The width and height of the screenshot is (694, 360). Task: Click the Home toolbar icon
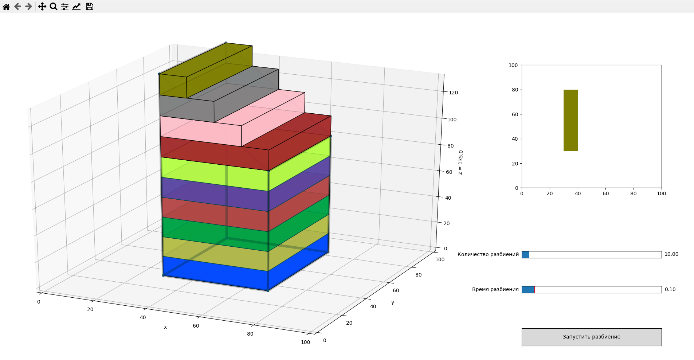(6, 7)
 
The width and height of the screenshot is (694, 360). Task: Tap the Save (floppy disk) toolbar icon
(90, 7)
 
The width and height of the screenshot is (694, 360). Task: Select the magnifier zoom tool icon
(54, 7)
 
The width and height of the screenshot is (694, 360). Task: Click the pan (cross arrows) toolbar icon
(42, 7)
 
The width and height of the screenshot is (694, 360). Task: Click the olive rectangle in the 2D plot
(571, 120)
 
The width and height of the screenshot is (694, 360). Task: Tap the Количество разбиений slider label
(488, 254)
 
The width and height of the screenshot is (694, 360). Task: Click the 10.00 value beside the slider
(671, 254)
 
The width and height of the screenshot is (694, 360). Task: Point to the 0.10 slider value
(670, 290)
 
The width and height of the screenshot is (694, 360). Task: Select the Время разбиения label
(495, 290)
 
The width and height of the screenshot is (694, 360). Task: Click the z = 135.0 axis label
(460, 163)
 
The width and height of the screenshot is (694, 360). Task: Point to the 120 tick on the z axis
(453, 93)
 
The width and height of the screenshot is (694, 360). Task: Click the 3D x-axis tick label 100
(305, 342)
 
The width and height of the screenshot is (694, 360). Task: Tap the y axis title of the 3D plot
(393, 302)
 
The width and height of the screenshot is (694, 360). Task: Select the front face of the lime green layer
(215, 174)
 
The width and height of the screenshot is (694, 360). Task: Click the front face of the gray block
(187, 108)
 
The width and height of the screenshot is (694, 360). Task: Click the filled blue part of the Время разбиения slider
(528, 290)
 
